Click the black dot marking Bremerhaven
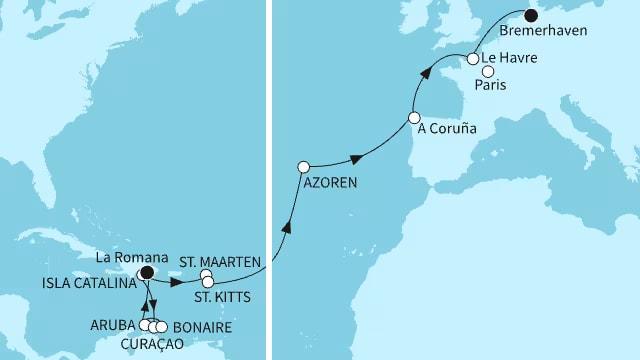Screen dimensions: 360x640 click(531, 15)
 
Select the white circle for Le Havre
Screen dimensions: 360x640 click(472, 60)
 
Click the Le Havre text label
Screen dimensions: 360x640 click(510, 59)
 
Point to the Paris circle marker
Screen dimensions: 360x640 click(488, 71)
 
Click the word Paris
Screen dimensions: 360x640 click(502, 86)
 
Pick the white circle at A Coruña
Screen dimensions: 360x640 click(413, 119)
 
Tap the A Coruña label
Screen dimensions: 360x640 click(448, 129)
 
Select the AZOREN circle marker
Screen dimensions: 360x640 click(304, 167)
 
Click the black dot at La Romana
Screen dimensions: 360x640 click(146, 272)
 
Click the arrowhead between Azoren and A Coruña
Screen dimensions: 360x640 click(354, 158)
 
